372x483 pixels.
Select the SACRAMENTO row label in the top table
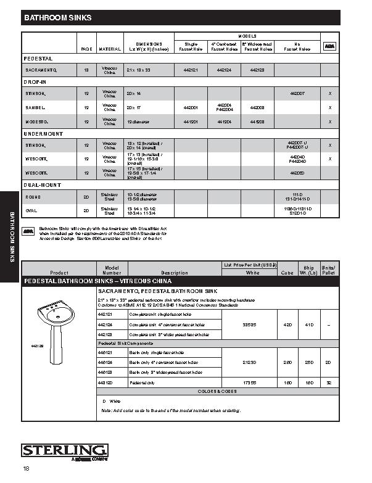coord(41,70)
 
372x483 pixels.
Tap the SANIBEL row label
coord(36,107)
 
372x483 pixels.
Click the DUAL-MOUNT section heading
coord(42,185)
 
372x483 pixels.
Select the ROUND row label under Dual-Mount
coord(33,197)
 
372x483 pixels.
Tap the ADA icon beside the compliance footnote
coord(28,231)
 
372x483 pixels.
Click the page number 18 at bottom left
coord(26,469)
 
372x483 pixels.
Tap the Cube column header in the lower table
coord(287,272)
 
